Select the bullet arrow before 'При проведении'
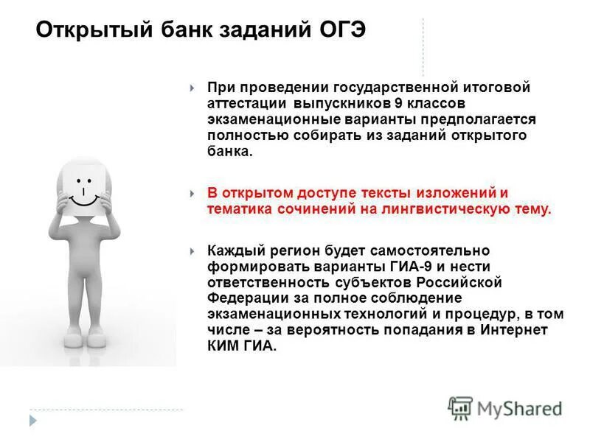pos(192,88)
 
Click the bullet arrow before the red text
pos(192,194)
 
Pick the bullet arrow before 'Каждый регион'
pos(192,251)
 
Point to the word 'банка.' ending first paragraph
pos(229,151)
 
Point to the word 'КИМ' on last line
pos(221,346)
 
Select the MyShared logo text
pos(519,407)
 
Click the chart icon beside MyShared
pos(460,407)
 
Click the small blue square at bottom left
pos(32,419)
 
